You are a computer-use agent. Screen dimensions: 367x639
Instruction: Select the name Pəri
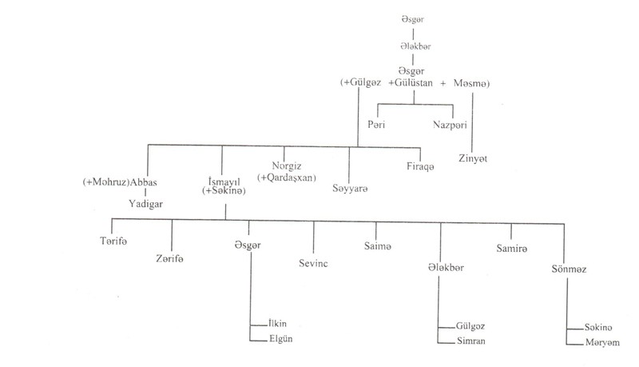coord(376,126)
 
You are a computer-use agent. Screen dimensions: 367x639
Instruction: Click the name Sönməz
coord(568,268)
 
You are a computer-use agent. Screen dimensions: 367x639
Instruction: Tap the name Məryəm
coord(597,344)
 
